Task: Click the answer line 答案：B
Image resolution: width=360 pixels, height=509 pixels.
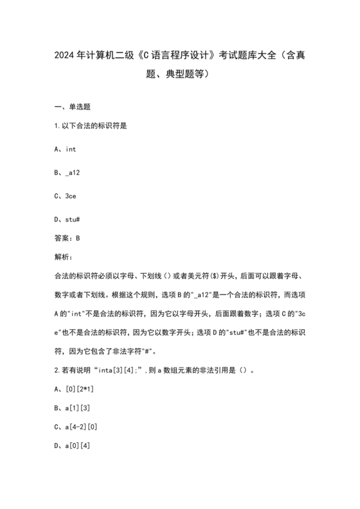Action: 67,238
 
